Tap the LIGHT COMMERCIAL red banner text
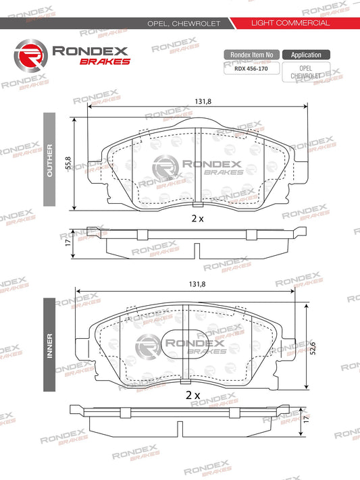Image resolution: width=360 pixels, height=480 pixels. point(290,23)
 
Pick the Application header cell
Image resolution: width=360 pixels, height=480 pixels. point(306,55)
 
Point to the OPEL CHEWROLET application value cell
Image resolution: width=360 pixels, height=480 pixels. point(306,72)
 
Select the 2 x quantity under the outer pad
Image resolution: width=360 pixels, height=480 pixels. point(197,219)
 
